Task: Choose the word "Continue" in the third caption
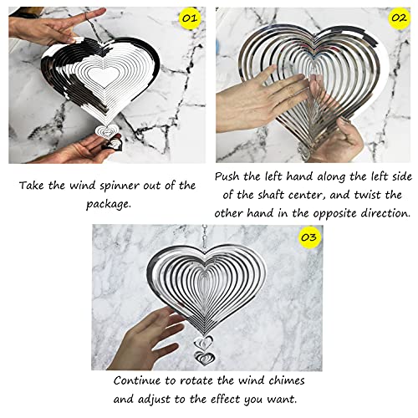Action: click(x=139, y=380)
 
